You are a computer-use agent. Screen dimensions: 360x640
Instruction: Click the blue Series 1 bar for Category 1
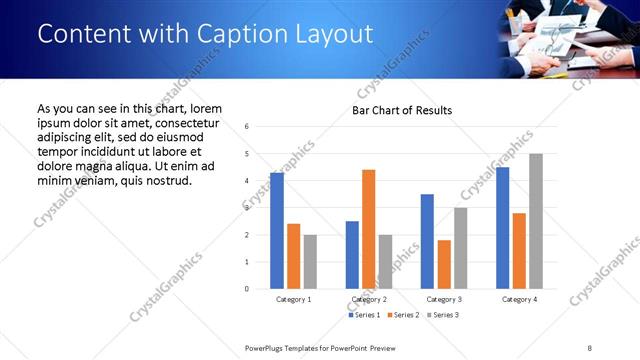point(277,231)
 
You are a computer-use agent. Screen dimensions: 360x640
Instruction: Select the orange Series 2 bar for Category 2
point(368,229)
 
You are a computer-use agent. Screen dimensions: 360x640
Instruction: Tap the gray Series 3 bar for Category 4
point(535,221)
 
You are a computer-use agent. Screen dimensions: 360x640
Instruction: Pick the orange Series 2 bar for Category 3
point(444,264)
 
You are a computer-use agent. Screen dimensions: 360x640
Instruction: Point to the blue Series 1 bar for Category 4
point(502,228)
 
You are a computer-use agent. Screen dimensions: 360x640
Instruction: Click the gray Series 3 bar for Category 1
point(310,262)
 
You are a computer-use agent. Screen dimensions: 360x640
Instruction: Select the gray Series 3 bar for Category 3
point(460,248)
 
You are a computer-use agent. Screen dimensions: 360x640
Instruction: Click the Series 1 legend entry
point(364,315)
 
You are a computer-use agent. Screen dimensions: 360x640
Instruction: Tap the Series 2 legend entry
point(402,315)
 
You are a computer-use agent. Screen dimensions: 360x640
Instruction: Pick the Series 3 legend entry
point(442,315)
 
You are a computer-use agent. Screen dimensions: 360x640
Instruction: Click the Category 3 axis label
point(443,299)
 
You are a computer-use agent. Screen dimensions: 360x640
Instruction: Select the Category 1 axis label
point(293,299)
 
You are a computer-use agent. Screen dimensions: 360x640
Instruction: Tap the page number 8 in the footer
point(589,347)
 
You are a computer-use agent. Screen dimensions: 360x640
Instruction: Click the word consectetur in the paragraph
point(180,122)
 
